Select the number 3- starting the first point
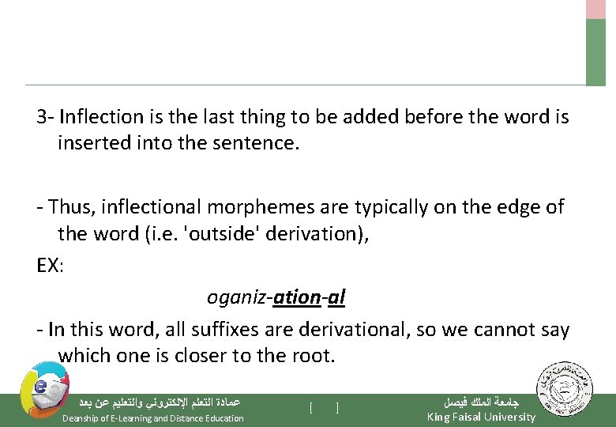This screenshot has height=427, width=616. [45, 118]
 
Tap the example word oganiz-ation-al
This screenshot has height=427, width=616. [276, 297]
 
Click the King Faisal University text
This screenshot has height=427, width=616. [480, 417]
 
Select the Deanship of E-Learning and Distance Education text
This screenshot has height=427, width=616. [153, 418]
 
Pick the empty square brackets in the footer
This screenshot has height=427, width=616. [324, 408]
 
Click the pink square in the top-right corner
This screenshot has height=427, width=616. [595, 9]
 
